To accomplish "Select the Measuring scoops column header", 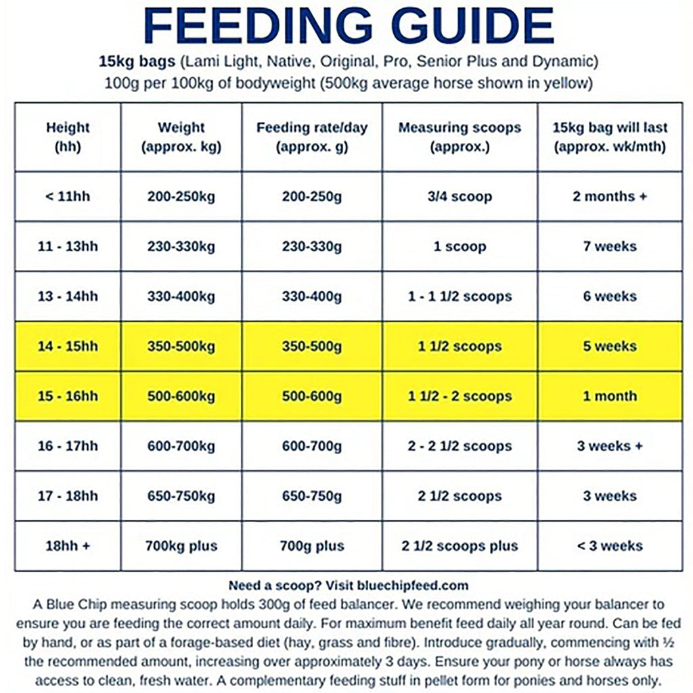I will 460,137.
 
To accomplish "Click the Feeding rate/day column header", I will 311,137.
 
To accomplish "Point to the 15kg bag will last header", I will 610,137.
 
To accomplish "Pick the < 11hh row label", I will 68,197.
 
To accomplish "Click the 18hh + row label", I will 68,546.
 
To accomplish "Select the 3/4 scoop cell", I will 460,197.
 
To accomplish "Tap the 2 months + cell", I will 610,197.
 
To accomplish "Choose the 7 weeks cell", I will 610,246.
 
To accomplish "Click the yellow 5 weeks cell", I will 610,346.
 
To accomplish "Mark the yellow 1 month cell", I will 610,397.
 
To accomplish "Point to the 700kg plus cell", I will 181,546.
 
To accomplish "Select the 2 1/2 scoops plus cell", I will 460,546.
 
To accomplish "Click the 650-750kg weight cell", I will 181,496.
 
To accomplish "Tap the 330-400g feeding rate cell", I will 311,296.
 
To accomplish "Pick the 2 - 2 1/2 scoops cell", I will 460,447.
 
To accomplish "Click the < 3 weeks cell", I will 610,546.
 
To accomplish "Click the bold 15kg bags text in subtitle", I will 137,62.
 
